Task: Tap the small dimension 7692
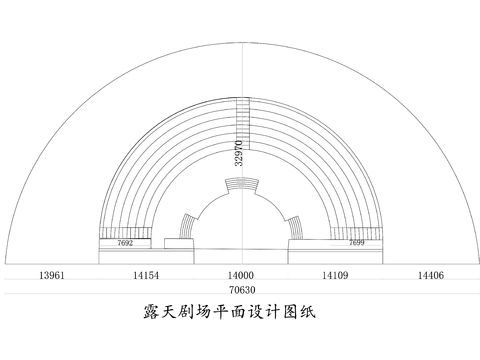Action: tap(126, 243)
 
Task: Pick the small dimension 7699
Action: tap(356, 243)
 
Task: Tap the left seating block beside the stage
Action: tap(186, 223)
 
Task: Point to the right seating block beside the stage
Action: tap(295, 223)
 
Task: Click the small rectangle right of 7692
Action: tap(178, 244)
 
